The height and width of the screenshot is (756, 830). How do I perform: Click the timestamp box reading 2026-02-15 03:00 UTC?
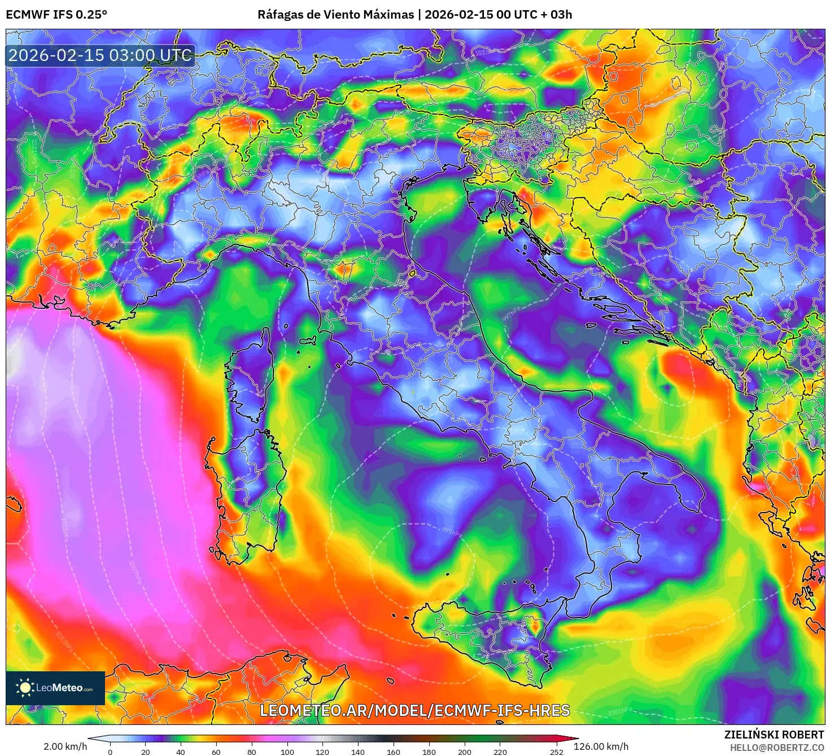[x=100, y=55]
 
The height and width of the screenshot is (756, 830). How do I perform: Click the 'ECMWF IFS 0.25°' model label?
[x=56, y=15]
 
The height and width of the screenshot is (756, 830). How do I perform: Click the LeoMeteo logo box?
[x=55, y=688]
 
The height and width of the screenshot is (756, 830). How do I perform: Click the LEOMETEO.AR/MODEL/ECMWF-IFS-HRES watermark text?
[x=414, y=710]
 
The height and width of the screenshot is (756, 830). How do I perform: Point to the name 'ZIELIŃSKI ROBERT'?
[x=774, y=735]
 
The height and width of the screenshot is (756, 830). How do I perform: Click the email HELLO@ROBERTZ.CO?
[x=776, y=748]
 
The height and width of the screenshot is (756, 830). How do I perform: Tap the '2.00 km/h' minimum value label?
[x=65, y=746]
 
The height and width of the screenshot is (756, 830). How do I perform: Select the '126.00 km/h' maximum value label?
[x=601, y=746]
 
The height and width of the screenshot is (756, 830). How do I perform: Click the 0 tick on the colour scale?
[x=110, y=751]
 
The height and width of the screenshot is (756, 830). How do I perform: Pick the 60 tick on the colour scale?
[x=216, y=751]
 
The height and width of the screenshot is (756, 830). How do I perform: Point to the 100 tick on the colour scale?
[x=287, y=751]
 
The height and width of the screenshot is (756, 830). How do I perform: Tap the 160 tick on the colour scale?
[x=394, y=751]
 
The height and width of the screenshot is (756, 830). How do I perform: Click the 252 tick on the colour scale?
[x=557, y=751]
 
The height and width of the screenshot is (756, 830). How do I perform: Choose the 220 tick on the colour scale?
[x=500, y=751]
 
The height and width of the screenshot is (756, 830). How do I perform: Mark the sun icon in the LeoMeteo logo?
[x=25, y=687]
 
